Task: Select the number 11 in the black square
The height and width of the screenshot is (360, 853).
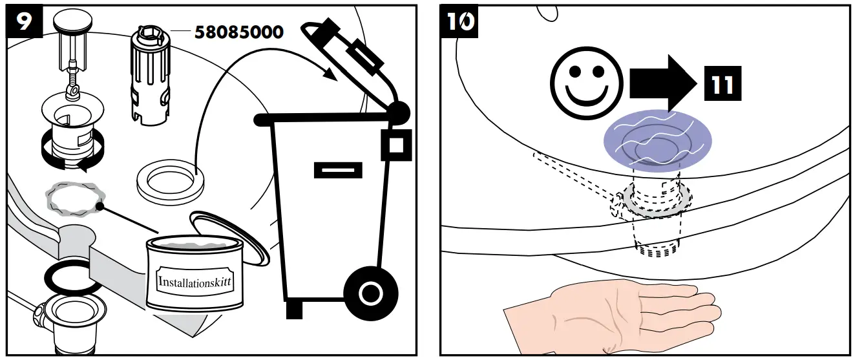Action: coord(719,84)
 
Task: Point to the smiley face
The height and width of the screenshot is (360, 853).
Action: coord(583,85)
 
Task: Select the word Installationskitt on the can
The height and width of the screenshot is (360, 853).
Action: coord(195,282)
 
